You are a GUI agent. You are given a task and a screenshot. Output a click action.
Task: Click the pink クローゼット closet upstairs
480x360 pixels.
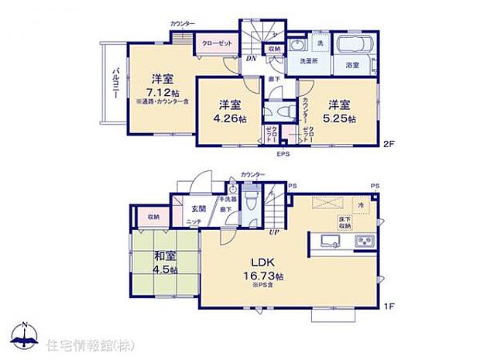tap(217, 43)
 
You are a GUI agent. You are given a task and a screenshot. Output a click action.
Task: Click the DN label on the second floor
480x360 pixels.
tap(251, 59)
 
